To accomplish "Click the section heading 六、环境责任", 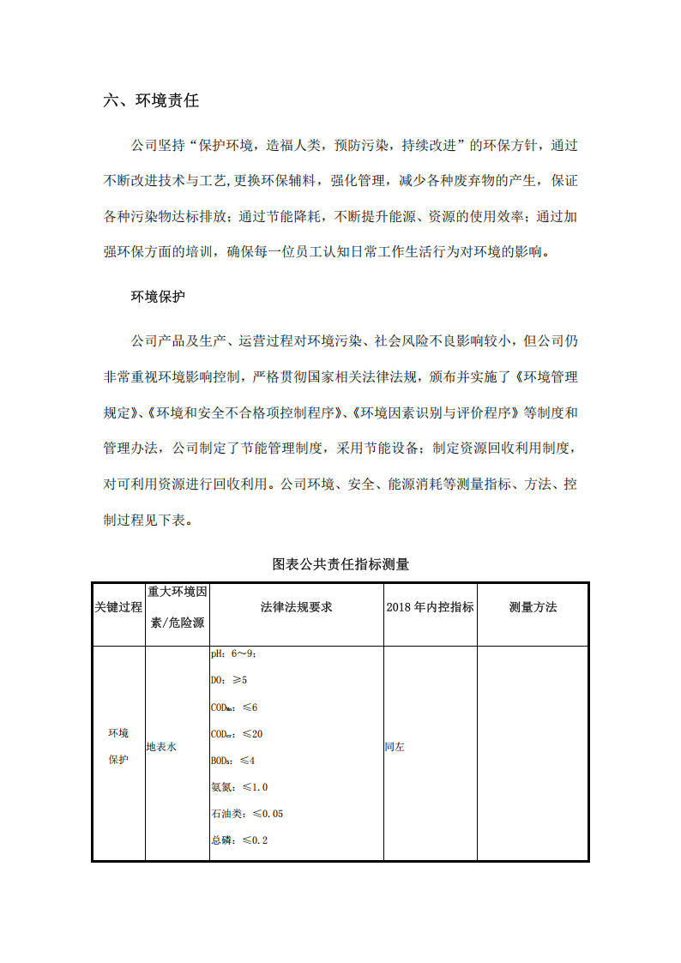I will point(151,100).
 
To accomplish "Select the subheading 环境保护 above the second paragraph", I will point(158,297).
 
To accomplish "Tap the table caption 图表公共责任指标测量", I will point(340,564).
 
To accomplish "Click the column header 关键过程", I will point(118,607).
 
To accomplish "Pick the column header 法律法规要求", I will point(296,607).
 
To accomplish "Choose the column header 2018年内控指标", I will point(430,607).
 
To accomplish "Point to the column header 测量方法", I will point(533,607).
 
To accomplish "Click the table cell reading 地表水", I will point(161,748).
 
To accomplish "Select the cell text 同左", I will point(395,748).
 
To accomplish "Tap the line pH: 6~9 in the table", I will point(233,654).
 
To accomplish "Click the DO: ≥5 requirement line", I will point(228,681).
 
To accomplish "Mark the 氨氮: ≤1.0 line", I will point(239,787).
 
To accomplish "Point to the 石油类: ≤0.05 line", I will point(247,814).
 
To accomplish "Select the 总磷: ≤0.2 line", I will point(239,840).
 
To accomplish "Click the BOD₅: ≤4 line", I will point(232,761).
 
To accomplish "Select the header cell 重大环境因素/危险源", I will point(178,607).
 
